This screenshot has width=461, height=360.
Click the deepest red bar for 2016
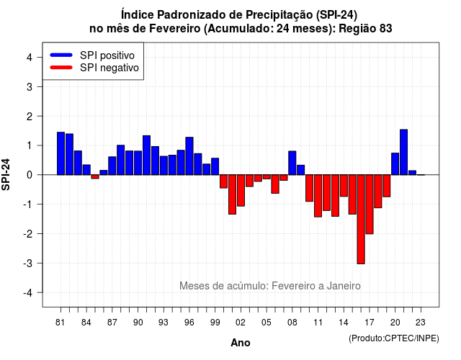click(x=361, y=219)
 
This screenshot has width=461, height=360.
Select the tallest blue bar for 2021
click(x=403, y=152)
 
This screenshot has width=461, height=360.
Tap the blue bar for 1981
click(x=61, y=153)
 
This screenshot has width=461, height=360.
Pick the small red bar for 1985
click(x=95, y=176)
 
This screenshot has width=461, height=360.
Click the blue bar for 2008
click(x=292, y=163)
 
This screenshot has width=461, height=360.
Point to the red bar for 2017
click(x=370, y=204)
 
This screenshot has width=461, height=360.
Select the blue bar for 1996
click(x=189, y=156)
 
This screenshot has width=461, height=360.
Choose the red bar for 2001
click(x=232, y=194)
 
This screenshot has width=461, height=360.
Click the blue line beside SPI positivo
click(x=61, y=55)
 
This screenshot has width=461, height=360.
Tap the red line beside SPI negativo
click(x=61, y=68)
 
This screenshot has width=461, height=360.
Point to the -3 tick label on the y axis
click(x=29, y=263)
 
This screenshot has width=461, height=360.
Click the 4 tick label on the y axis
click(x=30, y=58)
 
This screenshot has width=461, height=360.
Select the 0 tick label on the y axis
click(x=30, y=175)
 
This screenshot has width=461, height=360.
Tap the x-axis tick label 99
click(x=215, y=323)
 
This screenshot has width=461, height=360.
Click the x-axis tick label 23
click(x=421, y=323)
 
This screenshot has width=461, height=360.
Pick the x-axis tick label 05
click(x=267, y=323)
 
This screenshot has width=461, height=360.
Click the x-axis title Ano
click(x=241, y=343)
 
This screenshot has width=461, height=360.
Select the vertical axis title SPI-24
click(x=6, y=174)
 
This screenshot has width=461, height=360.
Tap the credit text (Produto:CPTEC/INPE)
click(x=394, y=338)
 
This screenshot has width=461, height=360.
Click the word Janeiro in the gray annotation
click(x=344, y=286)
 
